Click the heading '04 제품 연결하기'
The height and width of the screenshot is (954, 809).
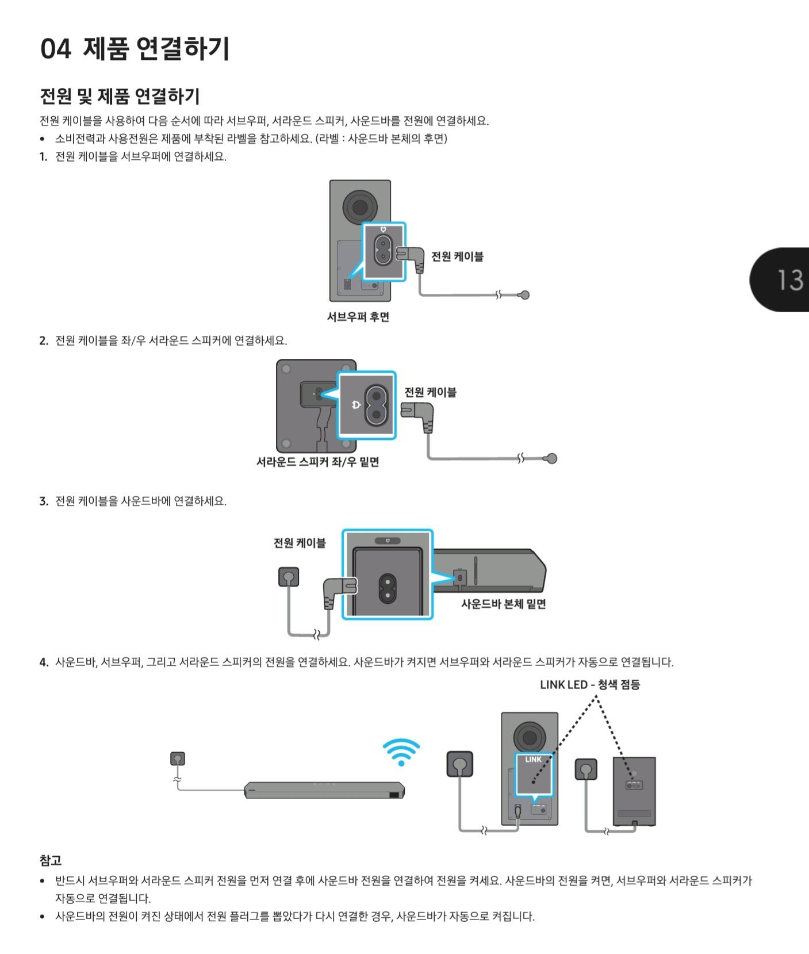tap(135, 48)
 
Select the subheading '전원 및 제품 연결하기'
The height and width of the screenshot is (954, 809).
tap(120, 96)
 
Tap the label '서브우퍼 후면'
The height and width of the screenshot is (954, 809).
tap(358, 317)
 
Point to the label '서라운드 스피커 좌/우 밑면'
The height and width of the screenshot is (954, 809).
tap(317, 462)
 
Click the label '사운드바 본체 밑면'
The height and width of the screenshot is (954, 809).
tap(503, 604)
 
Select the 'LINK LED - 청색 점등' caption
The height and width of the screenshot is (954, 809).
tap(589, 684)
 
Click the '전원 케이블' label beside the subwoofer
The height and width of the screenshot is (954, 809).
tap(457, 256)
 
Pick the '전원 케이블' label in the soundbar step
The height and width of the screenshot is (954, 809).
tap(300, 543)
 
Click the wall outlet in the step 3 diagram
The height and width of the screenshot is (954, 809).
tap(289, 577)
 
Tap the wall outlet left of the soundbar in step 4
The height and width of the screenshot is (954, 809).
tap(178, 758)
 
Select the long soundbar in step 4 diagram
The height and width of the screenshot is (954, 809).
tap(324, 791)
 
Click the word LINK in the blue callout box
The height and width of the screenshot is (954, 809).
tap(533, 760)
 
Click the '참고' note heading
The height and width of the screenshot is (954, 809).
tap(51, 860)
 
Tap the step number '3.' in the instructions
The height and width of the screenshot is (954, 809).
tap(44, 501)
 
